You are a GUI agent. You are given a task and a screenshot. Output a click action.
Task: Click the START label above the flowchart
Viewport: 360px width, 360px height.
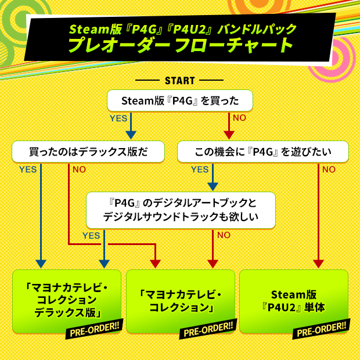(x=179, y=80)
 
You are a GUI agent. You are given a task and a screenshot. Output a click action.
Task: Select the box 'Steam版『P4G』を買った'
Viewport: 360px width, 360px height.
(x=180, y=100)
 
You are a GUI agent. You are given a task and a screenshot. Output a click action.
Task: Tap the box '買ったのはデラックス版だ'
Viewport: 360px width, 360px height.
(x=88, y=152)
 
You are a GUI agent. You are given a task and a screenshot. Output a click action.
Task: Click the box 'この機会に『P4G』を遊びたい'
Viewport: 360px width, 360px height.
(x=262, y=152)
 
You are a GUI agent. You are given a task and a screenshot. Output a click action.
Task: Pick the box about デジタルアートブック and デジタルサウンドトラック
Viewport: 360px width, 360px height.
(x=179, y=210)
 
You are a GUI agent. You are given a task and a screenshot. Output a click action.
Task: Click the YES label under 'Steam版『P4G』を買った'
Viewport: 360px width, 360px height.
(x=118, y=118)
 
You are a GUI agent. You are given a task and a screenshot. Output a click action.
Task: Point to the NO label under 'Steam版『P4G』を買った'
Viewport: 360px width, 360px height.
(x=239, y=118)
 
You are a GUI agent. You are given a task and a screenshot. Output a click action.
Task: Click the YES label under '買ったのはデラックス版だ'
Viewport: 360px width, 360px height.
(x=28, y=170)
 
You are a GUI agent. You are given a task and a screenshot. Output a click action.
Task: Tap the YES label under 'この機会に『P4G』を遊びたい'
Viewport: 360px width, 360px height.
(x=200, y=170)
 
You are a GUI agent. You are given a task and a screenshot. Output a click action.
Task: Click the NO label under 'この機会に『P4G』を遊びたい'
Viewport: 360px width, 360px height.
(x=329, y=170)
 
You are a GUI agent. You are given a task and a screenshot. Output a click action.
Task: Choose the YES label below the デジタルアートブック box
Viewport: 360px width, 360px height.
(x=91, y=235)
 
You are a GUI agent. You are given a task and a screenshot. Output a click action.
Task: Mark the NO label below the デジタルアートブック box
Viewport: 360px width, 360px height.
(x=224, y=235)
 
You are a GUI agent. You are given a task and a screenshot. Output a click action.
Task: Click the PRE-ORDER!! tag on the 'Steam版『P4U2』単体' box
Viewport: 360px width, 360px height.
(x=321, y=331)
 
